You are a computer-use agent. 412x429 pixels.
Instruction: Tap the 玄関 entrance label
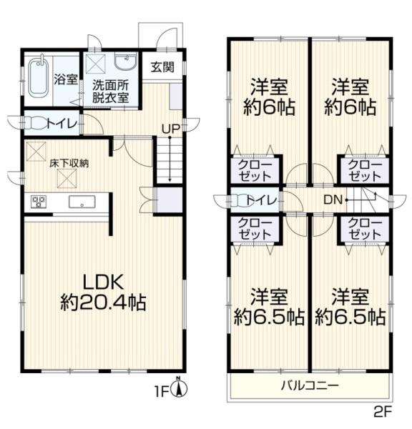(x=162, y=68)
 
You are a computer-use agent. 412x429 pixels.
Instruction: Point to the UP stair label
(x=170, y=128)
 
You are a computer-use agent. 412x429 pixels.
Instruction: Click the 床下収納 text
(x=69, y=164)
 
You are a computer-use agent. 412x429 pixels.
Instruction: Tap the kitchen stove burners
(x=38, y=202)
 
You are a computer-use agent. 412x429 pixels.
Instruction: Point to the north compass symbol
(x=181, y=388)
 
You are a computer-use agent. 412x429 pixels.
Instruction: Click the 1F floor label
(x=163, y=391)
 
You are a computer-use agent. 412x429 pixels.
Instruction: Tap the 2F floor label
(x=383, y=413)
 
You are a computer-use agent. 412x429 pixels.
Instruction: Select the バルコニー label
(x=309, y=385)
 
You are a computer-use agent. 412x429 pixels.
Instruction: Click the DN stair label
(x=332, y=199)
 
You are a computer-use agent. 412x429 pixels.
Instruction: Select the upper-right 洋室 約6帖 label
(x=350, y=97)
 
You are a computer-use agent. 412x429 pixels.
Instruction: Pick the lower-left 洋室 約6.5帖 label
(x=269, y=306)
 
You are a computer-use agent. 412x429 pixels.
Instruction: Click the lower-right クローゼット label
(x=363, y=228)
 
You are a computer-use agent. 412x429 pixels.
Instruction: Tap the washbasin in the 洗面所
(x=125, y=63)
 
